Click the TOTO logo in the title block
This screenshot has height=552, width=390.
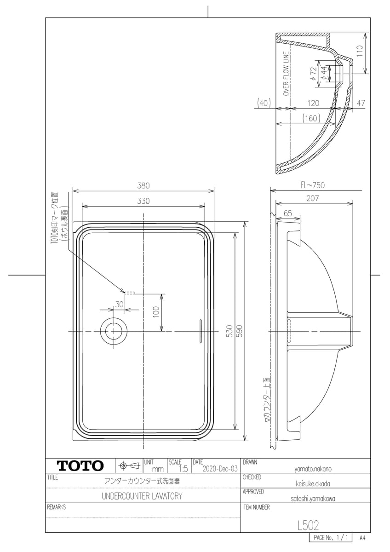(x=80, y=466)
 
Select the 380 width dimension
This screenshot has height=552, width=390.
(x=143, y=185)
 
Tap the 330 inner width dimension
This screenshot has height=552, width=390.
(x=143, y=201)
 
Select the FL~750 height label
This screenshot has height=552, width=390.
(x=313, y=185)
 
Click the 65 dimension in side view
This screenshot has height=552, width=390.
(x=288, y=213)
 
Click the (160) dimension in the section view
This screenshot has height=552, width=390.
(x=311, y=119)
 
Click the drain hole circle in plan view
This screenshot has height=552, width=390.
(x=112, y=331)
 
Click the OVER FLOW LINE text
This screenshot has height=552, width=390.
(x=286, y=74)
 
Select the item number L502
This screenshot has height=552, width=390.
(x=308, y=524)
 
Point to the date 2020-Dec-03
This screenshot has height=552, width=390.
(x=220, y=469)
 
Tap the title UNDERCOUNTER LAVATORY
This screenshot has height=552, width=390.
(x=142, y=496)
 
